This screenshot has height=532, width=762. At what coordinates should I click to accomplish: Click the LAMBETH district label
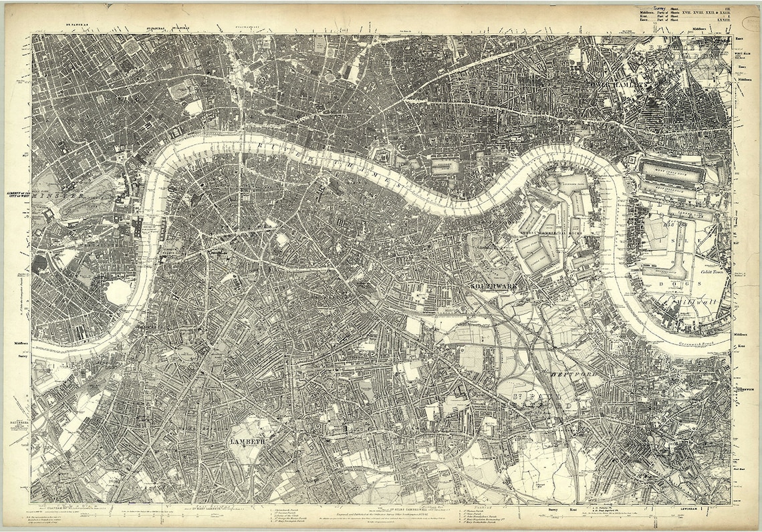click(248, 442)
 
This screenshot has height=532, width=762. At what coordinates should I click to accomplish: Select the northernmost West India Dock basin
click(672, 166)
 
